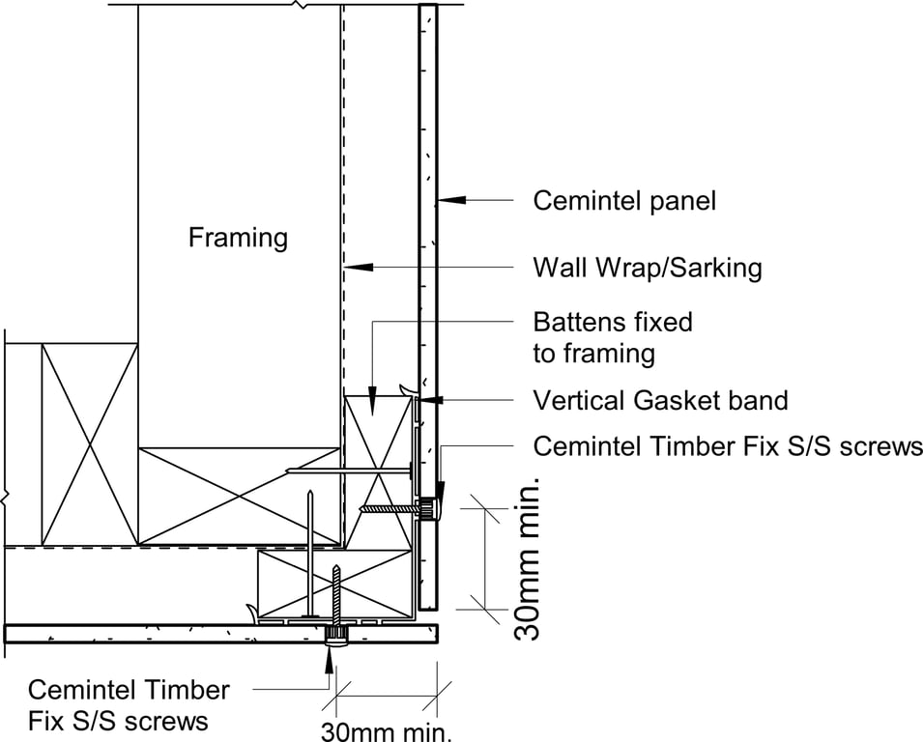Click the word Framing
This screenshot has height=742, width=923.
[238, 237]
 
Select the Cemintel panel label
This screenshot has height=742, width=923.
[624, 201]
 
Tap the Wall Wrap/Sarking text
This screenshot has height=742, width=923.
[647, 267]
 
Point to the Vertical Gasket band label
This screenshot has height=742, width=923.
[660, 400]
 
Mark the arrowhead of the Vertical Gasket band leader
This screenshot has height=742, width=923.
[432, 399]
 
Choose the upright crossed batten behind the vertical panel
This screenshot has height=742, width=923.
[379, 471]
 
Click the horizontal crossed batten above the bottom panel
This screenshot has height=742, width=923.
[333, 584]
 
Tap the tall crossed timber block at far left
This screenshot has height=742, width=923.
[89, 442]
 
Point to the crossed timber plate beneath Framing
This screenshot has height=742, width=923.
[239, 495]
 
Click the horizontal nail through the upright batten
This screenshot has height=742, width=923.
[348, 471]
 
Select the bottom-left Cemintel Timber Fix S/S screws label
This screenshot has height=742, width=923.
[128, 705]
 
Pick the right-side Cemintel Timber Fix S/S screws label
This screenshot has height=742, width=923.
[727, 446]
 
